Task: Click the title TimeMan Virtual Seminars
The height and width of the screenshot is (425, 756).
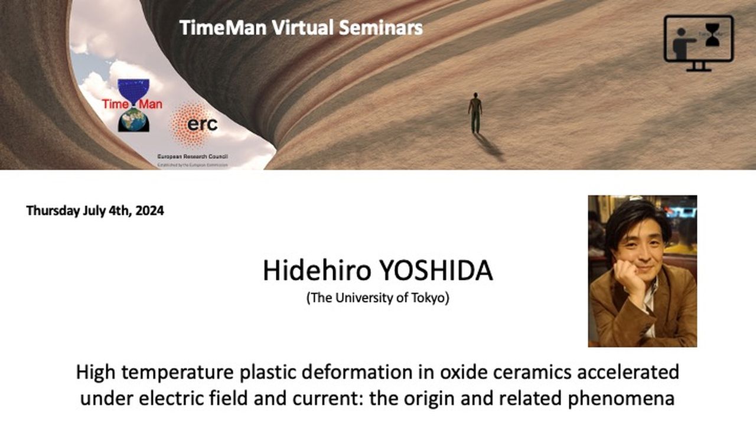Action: pos(301,28)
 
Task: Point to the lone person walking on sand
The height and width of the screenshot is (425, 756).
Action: pos(475,112)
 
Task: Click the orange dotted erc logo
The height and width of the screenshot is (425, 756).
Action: pos(193,123)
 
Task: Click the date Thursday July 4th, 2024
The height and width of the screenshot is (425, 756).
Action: pos(95,211)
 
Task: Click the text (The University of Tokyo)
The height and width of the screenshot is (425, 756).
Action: pos(378,298)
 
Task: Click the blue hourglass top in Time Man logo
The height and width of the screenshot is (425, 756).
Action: pos(133,89)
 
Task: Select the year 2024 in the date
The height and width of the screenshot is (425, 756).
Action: pos(149,211)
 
